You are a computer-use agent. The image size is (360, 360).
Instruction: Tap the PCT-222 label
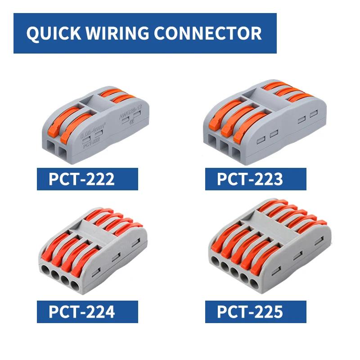coord(81,179)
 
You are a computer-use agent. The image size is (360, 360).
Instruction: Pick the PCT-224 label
coord(81,311)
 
